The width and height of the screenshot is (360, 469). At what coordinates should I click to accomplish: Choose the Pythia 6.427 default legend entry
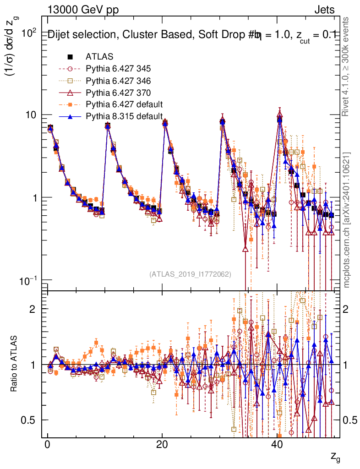(x=124, y=104)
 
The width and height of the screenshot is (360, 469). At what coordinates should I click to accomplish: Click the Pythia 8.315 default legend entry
(x=124, y=116)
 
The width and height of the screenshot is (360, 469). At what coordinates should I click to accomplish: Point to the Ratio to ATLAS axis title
(x=14, y=365)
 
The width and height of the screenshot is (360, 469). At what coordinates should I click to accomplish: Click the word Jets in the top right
(x=324, y=10)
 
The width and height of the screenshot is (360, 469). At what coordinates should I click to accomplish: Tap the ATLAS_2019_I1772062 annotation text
(x=190, y=274)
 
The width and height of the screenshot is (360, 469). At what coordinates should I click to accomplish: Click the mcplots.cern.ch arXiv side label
(x=347, y=220)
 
